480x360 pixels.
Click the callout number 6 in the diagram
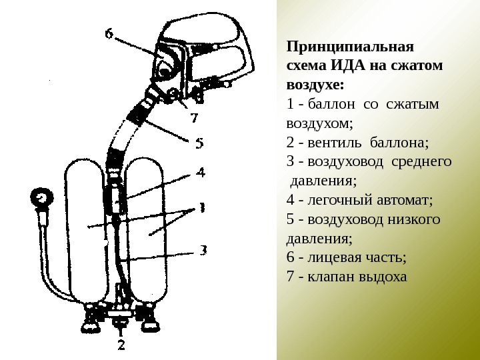pyautogui.click(x=109, y=34)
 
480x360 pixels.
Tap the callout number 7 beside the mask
pyautogui.click(x=194, y=119)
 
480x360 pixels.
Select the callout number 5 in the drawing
pyautogui.click(x=199, y=142)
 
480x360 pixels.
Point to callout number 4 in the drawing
pyautogui.click(x=200, y=172)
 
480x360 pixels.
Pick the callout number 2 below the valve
pyautogui.click(x=121, y=345)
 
